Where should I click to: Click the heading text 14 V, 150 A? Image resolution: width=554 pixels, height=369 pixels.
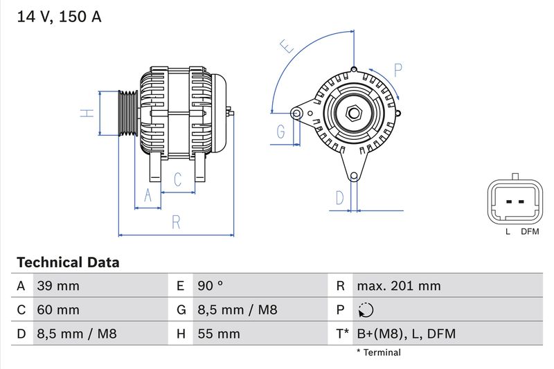coord(58,17)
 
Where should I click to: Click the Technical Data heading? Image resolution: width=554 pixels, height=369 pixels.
coord(68,262)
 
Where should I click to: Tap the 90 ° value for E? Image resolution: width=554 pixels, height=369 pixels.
coord(211,286)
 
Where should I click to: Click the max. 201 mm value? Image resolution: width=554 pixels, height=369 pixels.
coord(398,286)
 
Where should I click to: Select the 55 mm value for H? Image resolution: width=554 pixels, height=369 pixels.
coord(219,334)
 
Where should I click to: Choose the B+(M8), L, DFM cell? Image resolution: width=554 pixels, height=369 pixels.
coord(406,334)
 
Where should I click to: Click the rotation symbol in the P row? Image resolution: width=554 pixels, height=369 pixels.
coord(366,310)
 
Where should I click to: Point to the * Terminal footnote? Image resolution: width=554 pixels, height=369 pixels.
coord(378,352)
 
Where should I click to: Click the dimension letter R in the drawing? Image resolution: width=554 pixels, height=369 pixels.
coord(176,222)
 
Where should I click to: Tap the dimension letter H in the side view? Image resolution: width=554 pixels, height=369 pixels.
coord(87,113)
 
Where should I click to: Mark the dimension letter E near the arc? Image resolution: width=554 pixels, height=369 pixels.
coord(287,46)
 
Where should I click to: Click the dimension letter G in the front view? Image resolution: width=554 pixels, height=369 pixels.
coord(281,132)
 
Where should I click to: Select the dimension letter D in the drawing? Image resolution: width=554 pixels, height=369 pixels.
coord(339,197)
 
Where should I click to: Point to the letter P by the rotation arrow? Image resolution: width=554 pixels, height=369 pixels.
coord(398,70)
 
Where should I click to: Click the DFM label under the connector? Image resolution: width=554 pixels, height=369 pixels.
coord(530,231)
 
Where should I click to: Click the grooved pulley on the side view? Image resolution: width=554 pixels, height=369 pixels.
coord(127,113)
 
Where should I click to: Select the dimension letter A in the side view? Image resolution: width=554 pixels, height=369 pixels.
coord(147,196)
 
